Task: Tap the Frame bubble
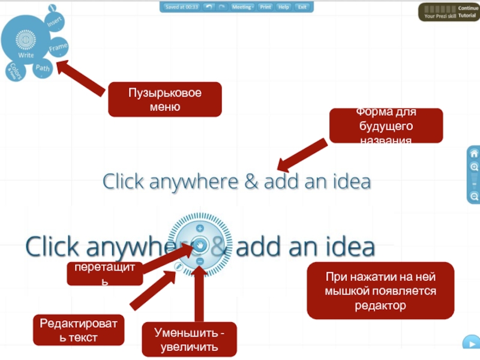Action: [58, 47]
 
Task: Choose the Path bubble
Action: [43, 68]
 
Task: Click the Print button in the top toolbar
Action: [265, 7]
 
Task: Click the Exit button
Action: [302, 7]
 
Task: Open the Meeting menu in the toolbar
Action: [242, 7]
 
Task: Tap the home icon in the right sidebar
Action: [474, 153]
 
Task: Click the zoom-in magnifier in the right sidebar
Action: [474, 167]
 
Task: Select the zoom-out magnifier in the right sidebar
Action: [474, 196]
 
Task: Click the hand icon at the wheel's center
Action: [199, 245]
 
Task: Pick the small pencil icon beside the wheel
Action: [179, 266]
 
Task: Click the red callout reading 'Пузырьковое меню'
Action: [164, 100]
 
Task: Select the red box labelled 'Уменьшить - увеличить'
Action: [190, 340]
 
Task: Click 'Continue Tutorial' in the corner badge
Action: [468, 12]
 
